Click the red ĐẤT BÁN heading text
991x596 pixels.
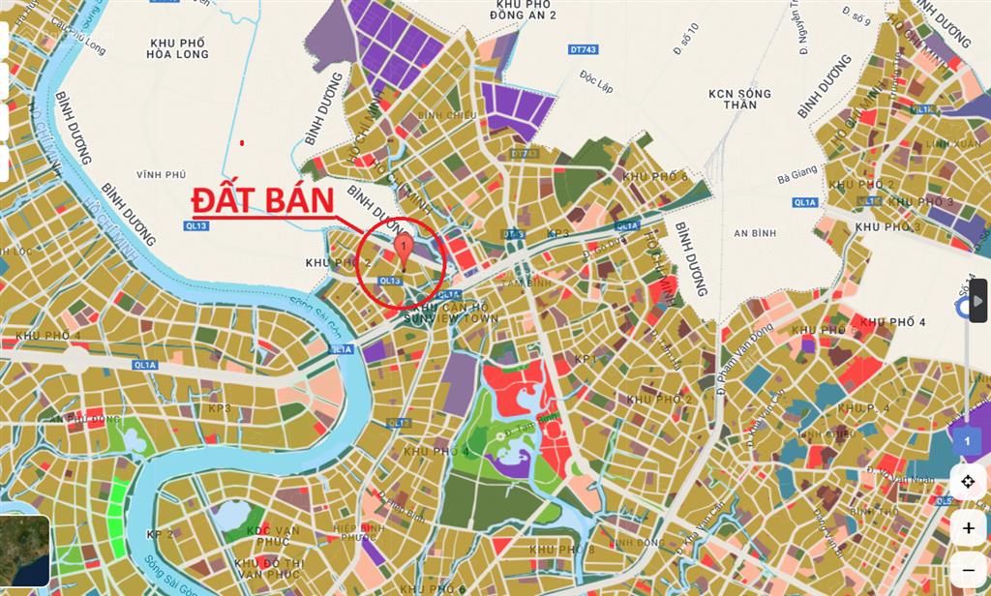(262, 199)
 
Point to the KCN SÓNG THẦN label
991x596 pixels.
(739, 100)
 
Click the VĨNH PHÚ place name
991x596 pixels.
(160, 175)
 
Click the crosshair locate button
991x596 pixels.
(968, 481)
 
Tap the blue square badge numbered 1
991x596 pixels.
(965, 441)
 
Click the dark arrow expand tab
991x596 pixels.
(978, 306)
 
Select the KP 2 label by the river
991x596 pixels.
(160, 534)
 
